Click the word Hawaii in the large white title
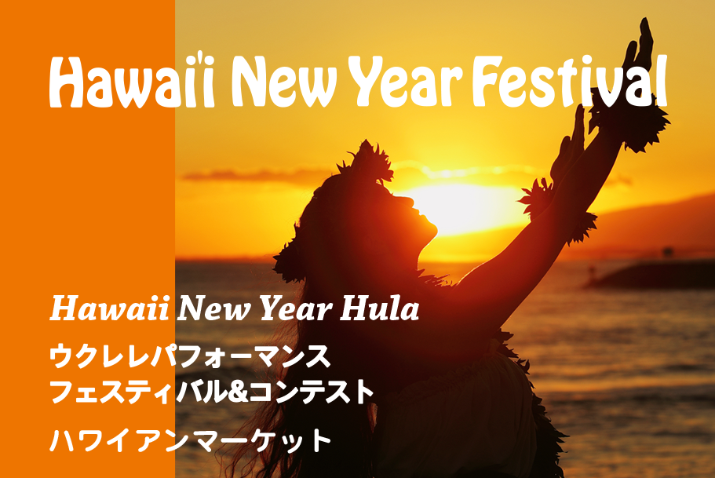pos(132,82)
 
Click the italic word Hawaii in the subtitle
pos(109,308)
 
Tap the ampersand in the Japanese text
pos(238,392)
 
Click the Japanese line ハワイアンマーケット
pos(191,440)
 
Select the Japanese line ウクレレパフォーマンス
pos(190,356)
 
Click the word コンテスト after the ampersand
pos(312,392)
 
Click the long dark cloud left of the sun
pos(255,175)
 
